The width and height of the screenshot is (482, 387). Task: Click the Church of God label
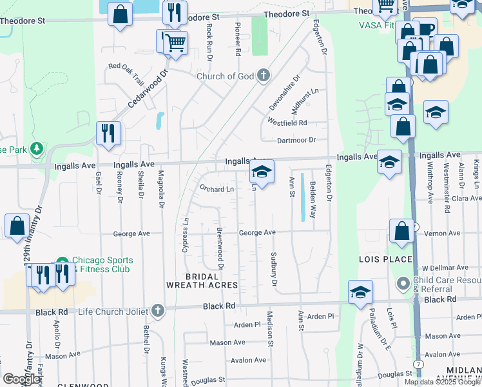(226, 76)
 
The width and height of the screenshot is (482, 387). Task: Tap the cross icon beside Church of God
(263, 76)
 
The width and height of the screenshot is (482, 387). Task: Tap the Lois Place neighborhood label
(385, 259)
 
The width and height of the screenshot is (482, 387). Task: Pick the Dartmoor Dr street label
(296, 140)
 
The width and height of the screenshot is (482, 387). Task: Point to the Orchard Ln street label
(217, 189)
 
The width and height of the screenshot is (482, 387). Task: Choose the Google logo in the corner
(21, 379)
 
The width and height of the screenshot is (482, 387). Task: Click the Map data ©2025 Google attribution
(441, 382)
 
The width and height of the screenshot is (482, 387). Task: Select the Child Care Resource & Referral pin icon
(403, 283)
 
